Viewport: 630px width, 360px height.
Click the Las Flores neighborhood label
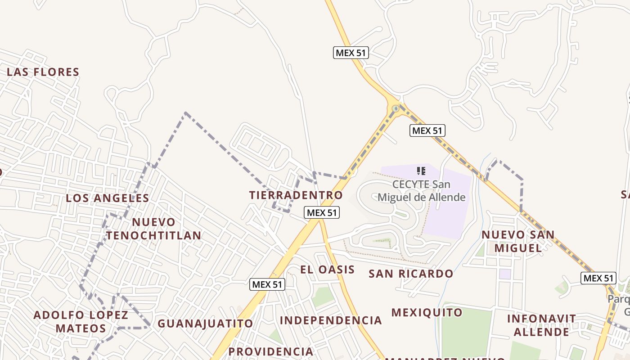point(43,72)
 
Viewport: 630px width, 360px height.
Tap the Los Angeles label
point(108,198)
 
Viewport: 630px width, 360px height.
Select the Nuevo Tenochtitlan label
point(153,229)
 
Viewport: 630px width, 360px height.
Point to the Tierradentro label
point(296,195)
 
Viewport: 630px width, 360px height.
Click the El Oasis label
point(328,270)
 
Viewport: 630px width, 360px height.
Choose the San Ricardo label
point(411,274)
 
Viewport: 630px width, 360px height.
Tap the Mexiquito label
point(427,312)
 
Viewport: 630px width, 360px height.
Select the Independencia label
point(331,320)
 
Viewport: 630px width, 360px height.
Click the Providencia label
point(270,351)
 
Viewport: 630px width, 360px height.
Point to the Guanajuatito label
point(205,324)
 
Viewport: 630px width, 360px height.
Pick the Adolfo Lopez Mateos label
point(81,321)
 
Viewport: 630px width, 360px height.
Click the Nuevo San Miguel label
point(518,241)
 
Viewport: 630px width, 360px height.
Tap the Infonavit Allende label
point(541,325)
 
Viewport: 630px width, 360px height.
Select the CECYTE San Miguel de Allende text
point(421,191)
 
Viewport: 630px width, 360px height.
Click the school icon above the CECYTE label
point(421,171)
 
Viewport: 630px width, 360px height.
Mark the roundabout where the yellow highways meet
point(396,108)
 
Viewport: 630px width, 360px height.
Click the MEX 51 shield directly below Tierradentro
point(322,212)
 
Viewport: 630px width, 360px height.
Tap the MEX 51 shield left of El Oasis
point(267,284)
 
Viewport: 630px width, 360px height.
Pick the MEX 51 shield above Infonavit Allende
point(598,278)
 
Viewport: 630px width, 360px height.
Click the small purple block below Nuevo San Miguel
point(505,274)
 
